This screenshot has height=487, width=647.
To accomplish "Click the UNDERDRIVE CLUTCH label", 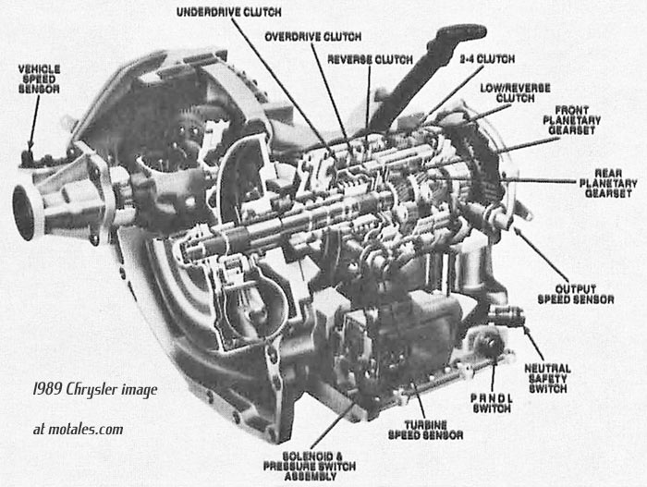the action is click(229, 12).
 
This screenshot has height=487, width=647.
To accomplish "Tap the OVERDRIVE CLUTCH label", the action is click(312, 37).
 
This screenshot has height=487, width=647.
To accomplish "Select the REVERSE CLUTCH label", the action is click(370, 59).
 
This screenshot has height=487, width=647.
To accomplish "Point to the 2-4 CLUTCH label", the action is click(487, 59).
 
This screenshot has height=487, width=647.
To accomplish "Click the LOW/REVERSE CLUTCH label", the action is click(516, 93).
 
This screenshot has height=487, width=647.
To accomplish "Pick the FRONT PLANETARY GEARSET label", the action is click(571, 120).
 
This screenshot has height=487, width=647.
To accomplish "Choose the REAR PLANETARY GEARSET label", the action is click(608, 183).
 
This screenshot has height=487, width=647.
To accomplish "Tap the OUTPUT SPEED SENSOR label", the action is click(576, 294).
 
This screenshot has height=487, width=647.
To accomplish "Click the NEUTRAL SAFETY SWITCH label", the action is click(547, 379).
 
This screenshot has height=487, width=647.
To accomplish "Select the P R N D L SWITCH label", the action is click(492, 403).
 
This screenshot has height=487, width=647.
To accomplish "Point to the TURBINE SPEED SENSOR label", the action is click(425, 430).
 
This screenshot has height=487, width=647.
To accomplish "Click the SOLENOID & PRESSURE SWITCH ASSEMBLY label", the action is click(310, 466).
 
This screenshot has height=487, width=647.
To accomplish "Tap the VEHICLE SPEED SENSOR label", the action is click(39, 79).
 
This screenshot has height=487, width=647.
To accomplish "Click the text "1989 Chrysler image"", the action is click(95, 390).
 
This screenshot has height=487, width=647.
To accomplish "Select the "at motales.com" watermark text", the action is click(78, 429).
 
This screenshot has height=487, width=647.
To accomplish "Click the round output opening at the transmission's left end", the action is click(25, 213).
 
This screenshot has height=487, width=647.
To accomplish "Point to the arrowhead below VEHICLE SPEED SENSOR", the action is click(30, 147).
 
